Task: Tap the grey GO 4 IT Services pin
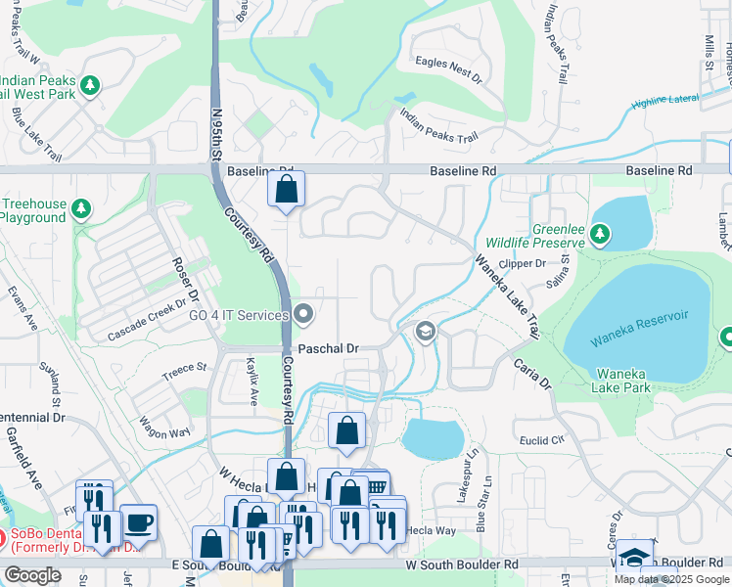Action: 303,315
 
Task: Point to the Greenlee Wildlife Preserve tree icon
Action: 601,234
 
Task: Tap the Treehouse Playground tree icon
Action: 81,209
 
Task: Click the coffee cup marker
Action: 138,522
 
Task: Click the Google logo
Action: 32,575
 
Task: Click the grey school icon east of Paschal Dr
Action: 424,333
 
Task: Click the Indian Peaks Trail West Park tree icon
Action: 90,86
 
